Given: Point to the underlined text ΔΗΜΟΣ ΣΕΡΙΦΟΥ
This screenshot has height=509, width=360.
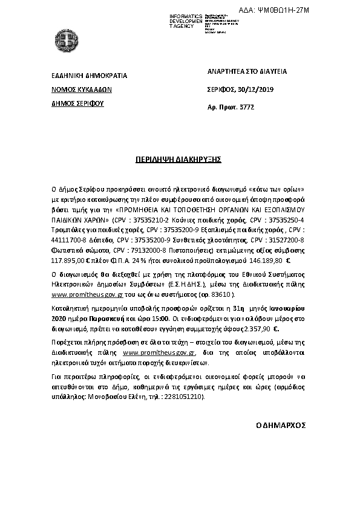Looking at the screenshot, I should coord(77,103).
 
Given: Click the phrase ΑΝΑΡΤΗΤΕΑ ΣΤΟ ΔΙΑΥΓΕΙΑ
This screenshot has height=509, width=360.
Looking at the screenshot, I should coord(247,72).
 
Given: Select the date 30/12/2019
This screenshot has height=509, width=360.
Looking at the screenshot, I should coord(258,89).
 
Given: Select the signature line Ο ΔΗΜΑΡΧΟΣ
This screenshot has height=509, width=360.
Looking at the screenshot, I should coord(281,426).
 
